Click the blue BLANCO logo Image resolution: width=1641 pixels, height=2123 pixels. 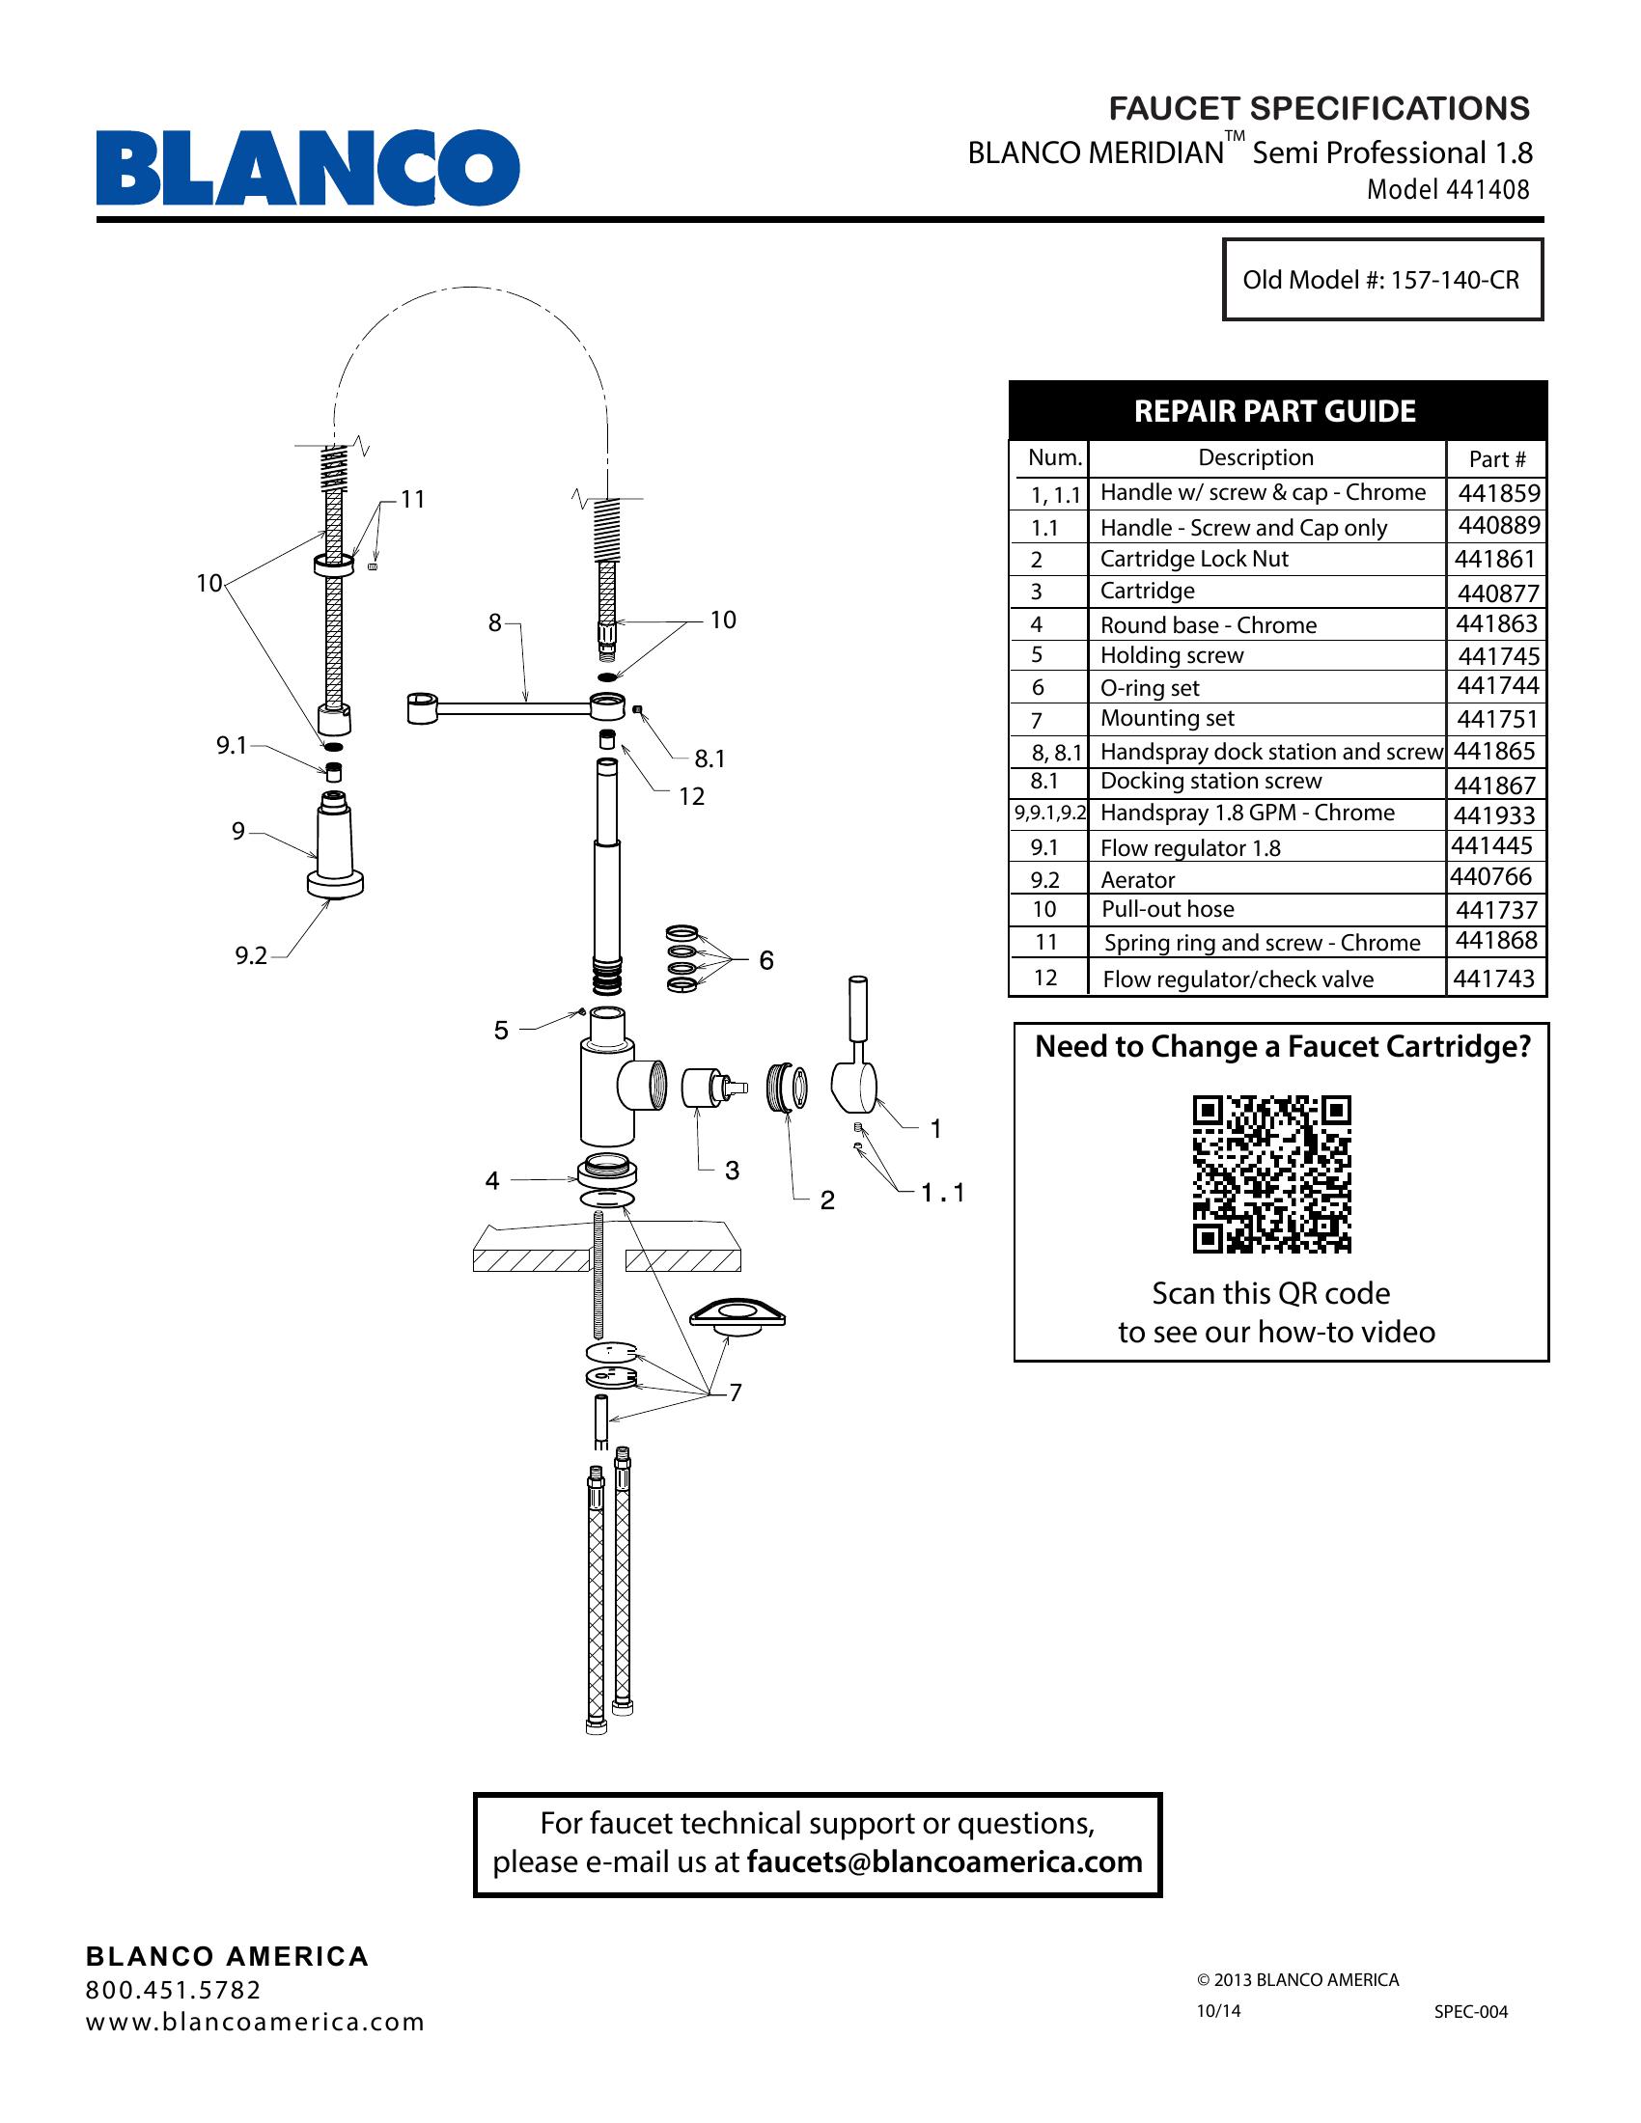pos(307,167)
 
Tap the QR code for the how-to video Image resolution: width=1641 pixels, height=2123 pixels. pos(1271,1173)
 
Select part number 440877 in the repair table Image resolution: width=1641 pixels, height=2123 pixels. pos(1497,592)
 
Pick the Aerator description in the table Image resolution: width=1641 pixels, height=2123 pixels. pos(1137,880)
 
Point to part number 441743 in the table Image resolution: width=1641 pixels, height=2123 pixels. pos(1493,978)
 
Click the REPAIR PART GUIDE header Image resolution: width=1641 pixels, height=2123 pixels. pos(1274,411)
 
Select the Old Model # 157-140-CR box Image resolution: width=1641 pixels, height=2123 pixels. pos(1382,280)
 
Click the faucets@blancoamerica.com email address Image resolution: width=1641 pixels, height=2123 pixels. pos(944,1861)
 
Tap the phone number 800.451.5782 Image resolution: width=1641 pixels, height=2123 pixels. pos(174,1990)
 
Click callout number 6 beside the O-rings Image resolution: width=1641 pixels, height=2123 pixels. pos(766,960)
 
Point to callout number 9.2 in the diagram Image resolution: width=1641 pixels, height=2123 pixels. pos(251,955)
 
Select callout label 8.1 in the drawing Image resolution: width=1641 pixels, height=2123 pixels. pos(709,758)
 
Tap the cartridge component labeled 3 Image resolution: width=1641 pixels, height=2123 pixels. pos(711,1089)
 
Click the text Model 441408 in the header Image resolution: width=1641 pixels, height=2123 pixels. pos(1449,189)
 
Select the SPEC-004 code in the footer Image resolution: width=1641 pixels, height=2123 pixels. pos(1471,2011)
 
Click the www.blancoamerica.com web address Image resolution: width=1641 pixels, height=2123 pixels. pos(256,2022)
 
